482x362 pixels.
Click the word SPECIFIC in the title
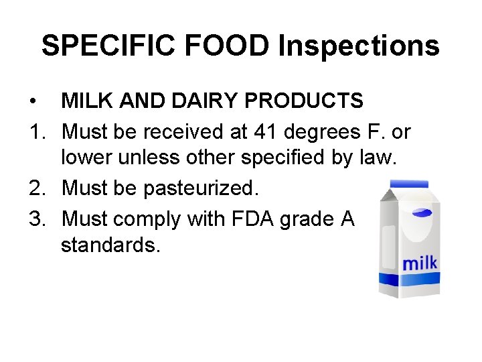108,46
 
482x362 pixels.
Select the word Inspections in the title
358,46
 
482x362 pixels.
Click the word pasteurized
199,189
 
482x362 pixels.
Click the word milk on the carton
420,262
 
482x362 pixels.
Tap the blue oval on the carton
420,213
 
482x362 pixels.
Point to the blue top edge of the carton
408,183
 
